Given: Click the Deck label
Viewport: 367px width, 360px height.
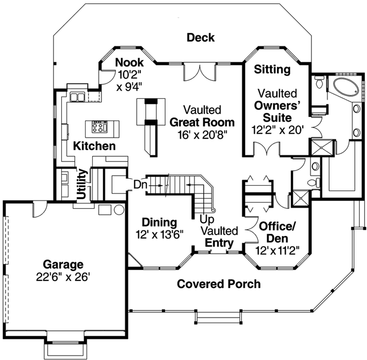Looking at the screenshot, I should (x=200, y=37).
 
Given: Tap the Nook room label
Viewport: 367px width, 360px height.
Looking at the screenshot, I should (x=130, y=63).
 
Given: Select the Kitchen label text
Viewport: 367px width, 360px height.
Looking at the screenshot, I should (x=94, y=146).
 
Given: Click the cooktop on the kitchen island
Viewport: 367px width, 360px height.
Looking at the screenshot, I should (x=100, y=127).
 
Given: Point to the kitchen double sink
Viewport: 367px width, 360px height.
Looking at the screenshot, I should (x=77, y=96).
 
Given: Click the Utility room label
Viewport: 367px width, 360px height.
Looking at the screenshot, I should (x=80, y=184).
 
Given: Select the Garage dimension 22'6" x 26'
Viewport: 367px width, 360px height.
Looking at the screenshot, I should (x=63, y=277).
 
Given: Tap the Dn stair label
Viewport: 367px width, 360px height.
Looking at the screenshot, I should (x=140, y=185).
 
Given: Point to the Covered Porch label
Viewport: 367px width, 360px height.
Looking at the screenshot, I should (x=219, y=284).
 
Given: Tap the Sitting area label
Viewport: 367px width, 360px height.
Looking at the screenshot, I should (x=272, y=69).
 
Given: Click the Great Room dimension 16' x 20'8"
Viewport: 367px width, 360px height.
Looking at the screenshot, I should (x=202, y=134).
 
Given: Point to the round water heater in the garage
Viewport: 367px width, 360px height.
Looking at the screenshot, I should (x=119, y=210).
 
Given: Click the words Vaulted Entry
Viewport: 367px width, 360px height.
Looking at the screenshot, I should (x=219, y=237).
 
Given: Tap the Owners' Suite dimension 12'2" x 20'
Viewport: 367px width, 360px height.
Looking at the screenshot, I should (x=277, y=130).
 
